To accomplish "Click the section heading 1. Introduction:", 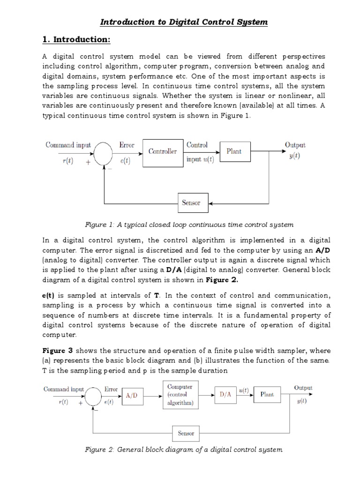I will coord(76,40).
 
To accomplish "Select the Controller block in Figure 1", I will coord(162,151).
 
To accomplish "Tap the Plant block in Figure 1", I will coord(233,151).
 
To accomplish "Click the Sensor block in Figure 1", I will coord(191,203).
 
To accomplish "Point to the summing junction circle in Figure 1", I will coord(103,151).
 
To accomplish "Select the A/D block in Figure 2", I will coord(134,396).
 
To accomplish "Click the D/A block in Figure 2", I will coord(225,395).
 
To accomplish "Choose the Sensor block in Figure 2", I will coord(186,433).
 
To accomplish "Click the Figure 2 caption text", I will coord(183,450).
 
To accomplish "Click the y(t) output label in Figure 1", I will coord(295,157).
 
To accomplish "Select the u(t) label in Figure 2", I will coord(244,390).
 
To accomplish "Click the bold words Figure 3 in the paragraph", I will coord(58,351).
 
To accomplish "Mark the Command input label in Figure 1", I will coord(68,145).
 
